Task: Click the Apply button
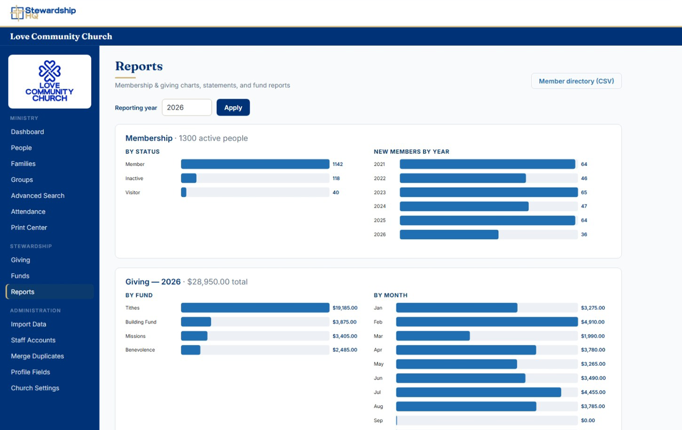[x=233, y=108]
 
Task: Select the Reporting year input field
[x=187, y=108]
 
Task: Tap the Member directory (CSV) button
[x=576, y=81]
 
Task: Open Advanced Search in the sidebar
[x=38, y=196]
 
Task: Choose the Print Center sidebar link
[x=29, y=227]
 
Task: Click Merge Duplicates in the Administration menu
[x=38, y=356]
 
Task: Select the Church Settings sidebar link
[x=35, y=388]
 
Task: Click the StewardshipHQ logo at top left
[x=43, y=13]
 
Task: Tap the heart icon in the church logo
[x=50, y=71]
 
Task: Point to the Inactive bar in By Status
[x=189, y=178]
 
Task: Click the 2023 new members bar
[x=489, y=192]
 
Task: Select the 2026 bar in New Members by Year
[x=449, y=234]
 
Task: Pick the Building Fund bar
[x=196, y=322]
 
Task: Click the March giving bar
[x=433, y=336]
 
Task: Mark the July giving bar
[x=479, y=392]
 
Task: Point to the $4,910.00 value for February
[x=593, y=322]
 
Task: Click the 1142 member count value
[x=338, y=164]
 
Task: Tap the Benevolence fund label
[x=140, y=350]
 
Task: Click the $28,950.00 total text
[x=217, y=281]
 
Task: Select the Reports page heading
[x=139, y=66]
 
